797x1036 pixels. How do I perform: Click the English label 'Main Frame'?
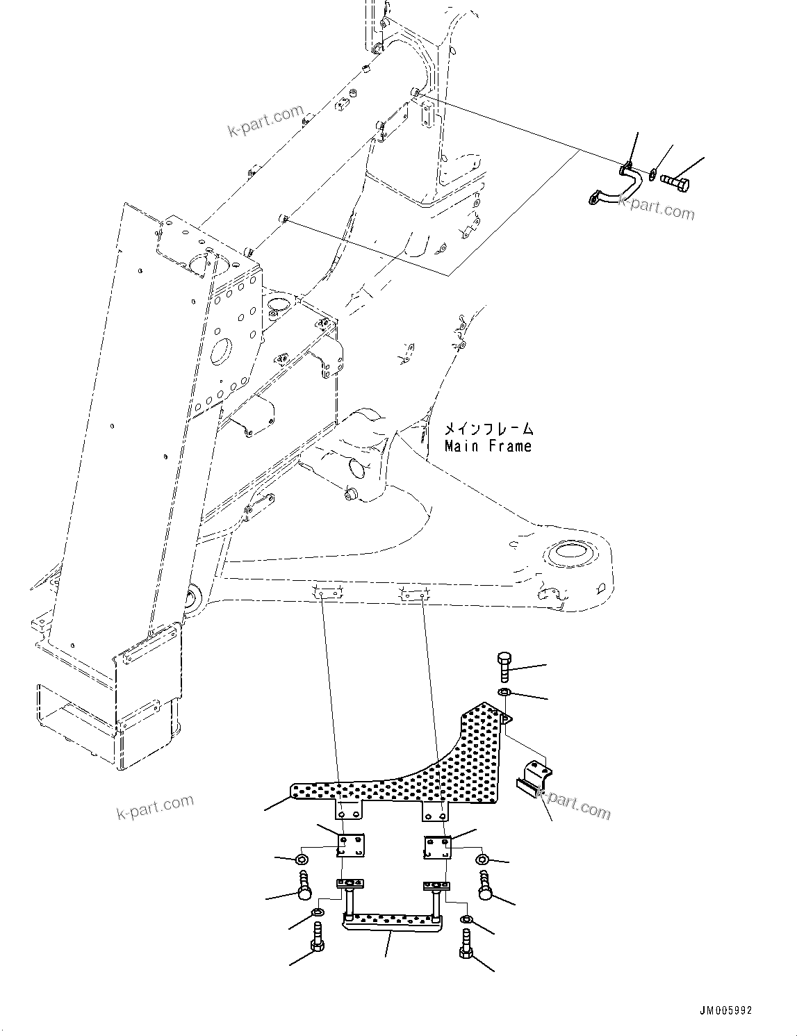[x=488, y=446]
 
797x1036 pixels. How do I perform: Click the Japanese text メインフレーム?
[x=489, y=429]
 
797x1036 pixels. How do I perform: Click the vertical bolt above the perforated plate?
[x=504, y=666]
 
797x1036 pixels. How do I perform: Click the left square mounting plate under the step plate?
[x=350, y=846]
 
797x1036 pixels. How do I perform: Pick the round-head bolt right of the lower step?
[x=485, y=887]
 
